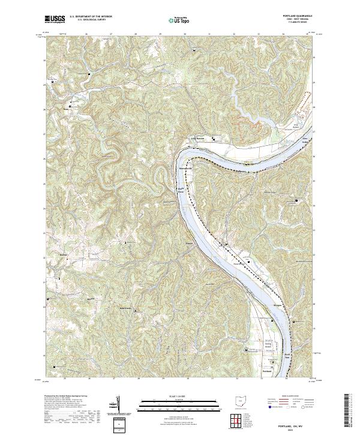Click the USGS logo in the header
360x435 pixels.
click(x=55, y=19)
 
